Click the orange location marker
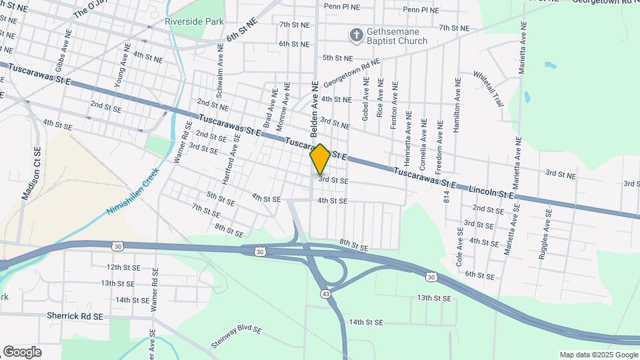320,159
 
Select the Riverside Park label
194,22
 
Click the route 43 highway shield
325,293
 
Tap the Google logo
22,351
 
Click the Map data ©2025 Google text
598,354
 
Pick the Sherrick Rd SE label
75,316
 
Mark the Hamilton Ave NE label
457,105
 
